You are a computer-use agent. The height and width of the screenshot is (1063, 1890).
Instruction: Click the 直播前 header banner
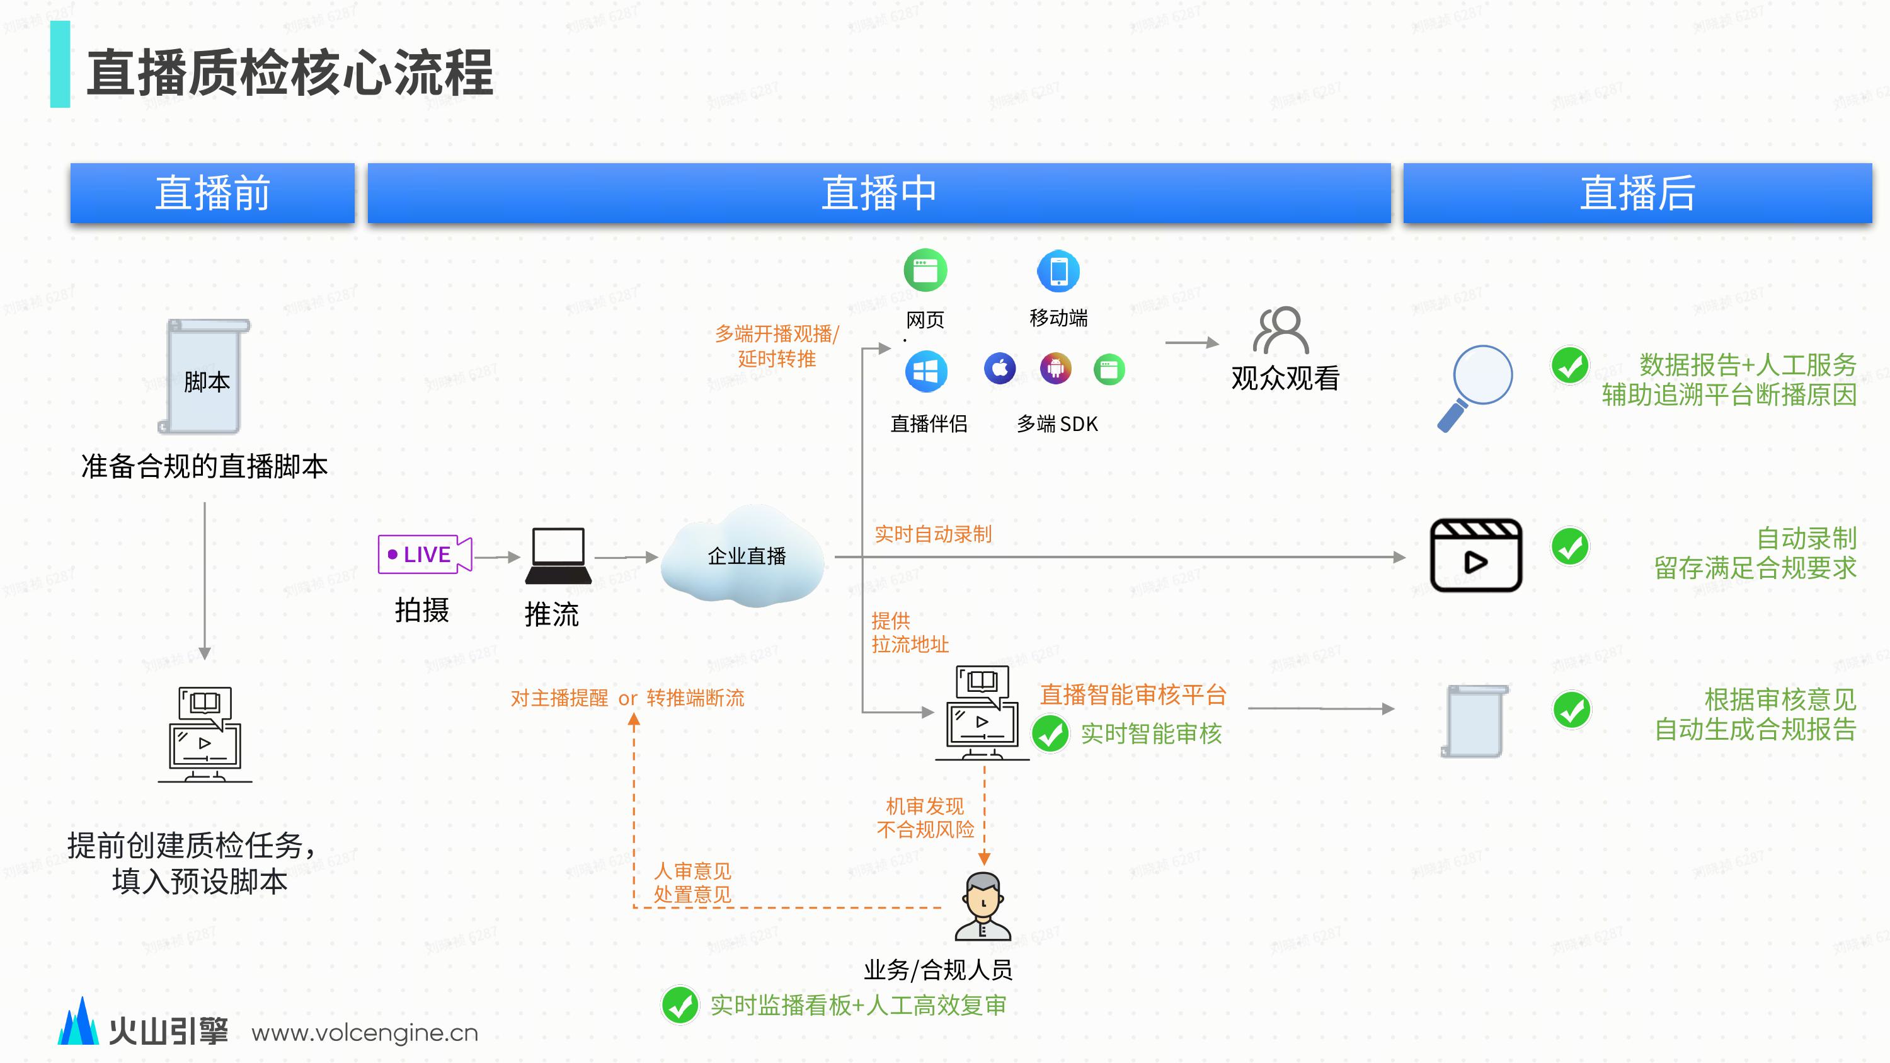[x=212, y=193]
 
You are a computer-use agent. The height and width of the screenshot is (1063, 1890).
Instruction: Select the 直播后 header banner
[x=1637, y=193]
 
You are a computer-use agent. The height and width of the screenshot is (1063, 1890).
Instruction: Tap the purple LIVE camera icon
[x=424, y=554]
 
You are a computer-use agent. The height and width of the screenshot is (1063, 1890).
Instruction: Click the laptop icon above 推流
[x=558, y=555]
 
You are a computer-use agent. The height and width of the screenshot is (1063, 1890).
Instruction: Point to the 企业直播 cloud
[x=745, y=556]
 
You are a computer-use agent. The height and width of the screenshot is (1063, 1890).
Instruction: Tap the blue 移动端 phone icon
[x=1058, y=271]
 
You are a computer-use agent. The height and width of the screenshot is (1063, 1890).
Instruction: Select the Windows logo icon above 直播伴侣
[x=925, y=371]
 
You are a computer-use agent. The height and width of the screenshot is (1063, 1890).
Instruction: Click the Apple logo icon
[x=999, y=368]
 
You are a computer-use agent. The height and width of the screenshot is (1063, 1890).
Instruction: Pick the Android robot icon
[x=1055, y=368]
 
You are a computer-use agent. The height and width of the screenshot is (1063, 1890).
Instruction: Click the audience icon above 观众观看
[x=1280, y=330]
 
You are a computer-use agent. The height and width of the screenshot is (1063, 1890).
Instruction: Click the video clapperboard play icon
[x=1475, y=555]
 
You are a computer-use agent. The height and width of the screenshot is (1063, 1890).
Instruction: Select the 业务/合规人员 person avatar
[x=983, y=906]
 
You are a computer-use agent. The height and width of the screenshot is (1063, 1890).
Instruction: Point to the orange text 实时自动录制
[x=932, y=534]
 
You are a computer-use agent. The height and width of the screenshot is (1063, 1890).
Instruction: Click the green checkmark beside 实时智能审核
[x=1050, y=733]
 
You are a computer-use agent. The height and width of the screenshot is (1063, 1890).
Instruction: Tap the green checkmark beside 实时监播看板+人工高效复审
[x=679, y=1005]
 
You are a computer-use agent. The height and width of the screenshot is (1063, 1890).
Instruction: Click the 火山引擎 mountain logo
[x=79, y=1021]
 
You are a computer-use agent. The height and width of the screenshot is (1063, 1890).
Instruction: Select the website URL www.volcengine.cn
[x=365, y=1033]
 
